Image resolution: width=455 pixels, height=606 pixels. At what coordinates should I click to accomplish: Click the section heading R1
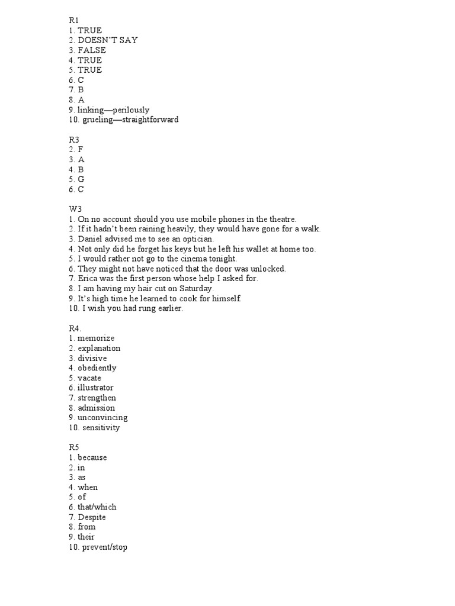(74, 20)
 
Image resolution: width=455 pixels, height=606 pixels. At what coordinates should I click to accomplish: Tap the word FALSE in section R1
(92, 50)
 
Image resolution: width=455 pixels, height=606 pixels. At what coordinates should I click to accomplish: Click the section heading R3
(74, 140)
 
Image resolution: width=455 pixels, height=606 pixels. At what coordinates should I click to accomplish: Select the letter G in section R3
(81, 180)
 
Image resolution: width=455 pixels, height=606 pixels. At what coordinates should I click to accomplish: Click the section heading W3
(75, 209)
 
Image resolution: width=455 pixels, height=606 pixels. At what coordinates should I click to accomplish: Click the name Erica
(88, 279)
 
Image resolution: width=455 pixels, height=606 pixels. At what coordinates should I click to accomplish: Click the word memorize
(96, 339)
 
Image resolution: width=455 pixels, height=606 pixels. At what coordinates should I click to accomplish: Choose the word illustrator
(95, 388)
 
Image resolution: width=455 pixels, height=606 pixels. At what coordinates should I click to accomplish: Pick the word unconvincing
(102, 418)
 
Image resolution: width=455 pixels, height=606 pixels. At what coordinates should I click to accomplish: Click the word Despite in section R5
(92, 517)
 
